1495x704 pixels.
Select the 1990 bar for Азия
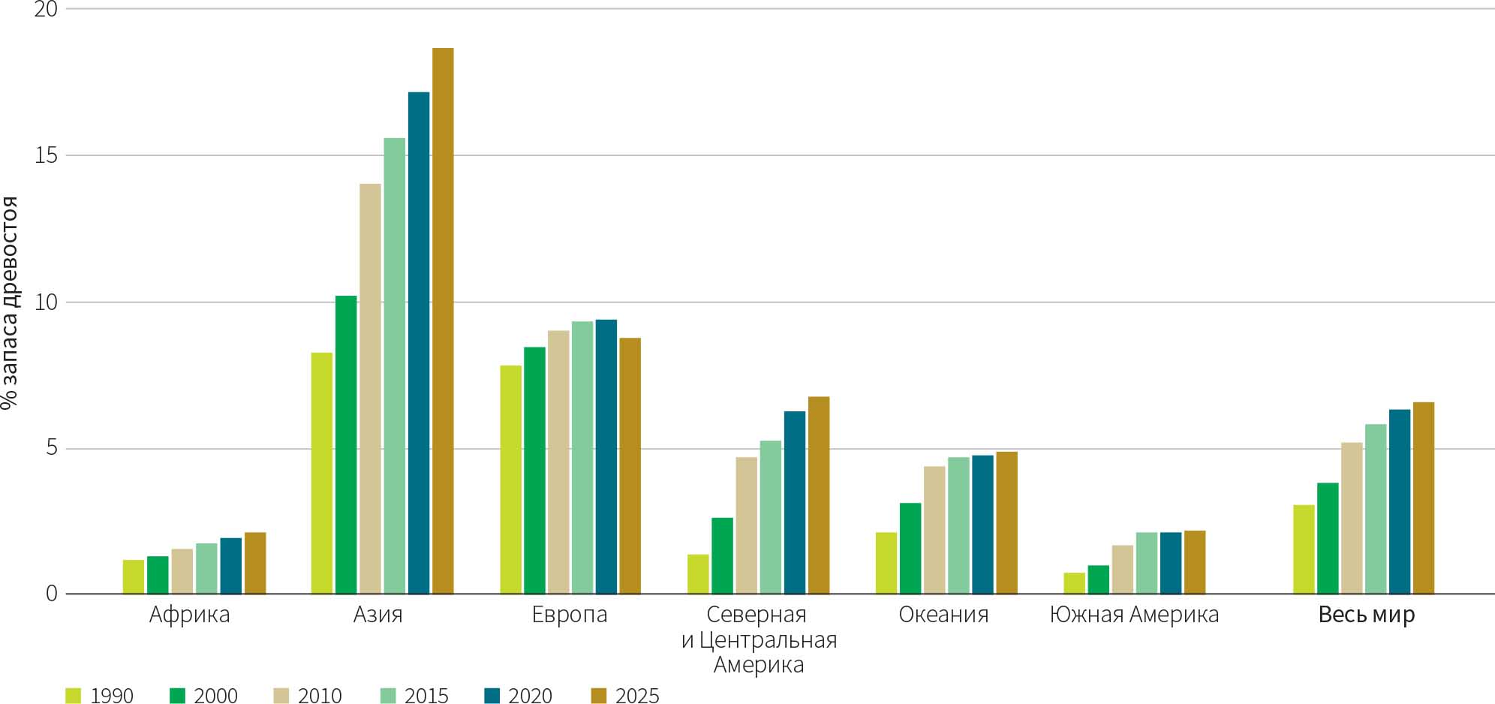click(321, 474)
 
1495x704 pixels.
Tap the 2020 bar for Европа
click(606, 457)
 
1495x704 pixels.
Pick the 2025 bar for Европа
click(630, 466)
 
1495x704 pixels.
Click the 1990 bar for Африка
click(133, 577)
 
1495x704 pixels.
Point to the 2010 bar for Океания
click(934, 531)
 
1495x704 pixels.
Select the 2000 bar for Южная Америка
click(1098, 580)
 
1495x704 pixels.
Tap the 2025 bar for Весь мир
click(1423, 498)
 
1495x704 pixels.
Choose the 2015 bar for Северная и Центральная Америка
click(770, 518)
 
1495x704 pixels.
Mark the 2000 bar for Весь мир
click(1327, 539)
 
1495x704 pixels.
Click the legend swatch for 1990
click(73, 696)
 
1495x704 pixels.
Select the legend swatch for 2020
click(492, 696)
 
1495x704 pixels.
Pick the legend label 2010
click(320, 696)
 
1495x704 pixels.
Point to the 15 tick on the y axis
click(46, 155)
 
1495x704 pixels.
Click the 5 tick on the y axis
click(51, 448)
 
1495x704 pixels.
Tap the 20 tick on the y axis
click(46, 10)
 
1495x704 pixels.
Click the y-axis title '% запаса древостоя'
click(10, 302)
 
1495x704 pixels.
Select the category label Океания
click(943, 615)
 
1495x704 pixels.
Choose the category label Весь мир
click(1366, 615)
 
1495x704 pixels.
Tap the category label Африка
click(189, 615)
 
